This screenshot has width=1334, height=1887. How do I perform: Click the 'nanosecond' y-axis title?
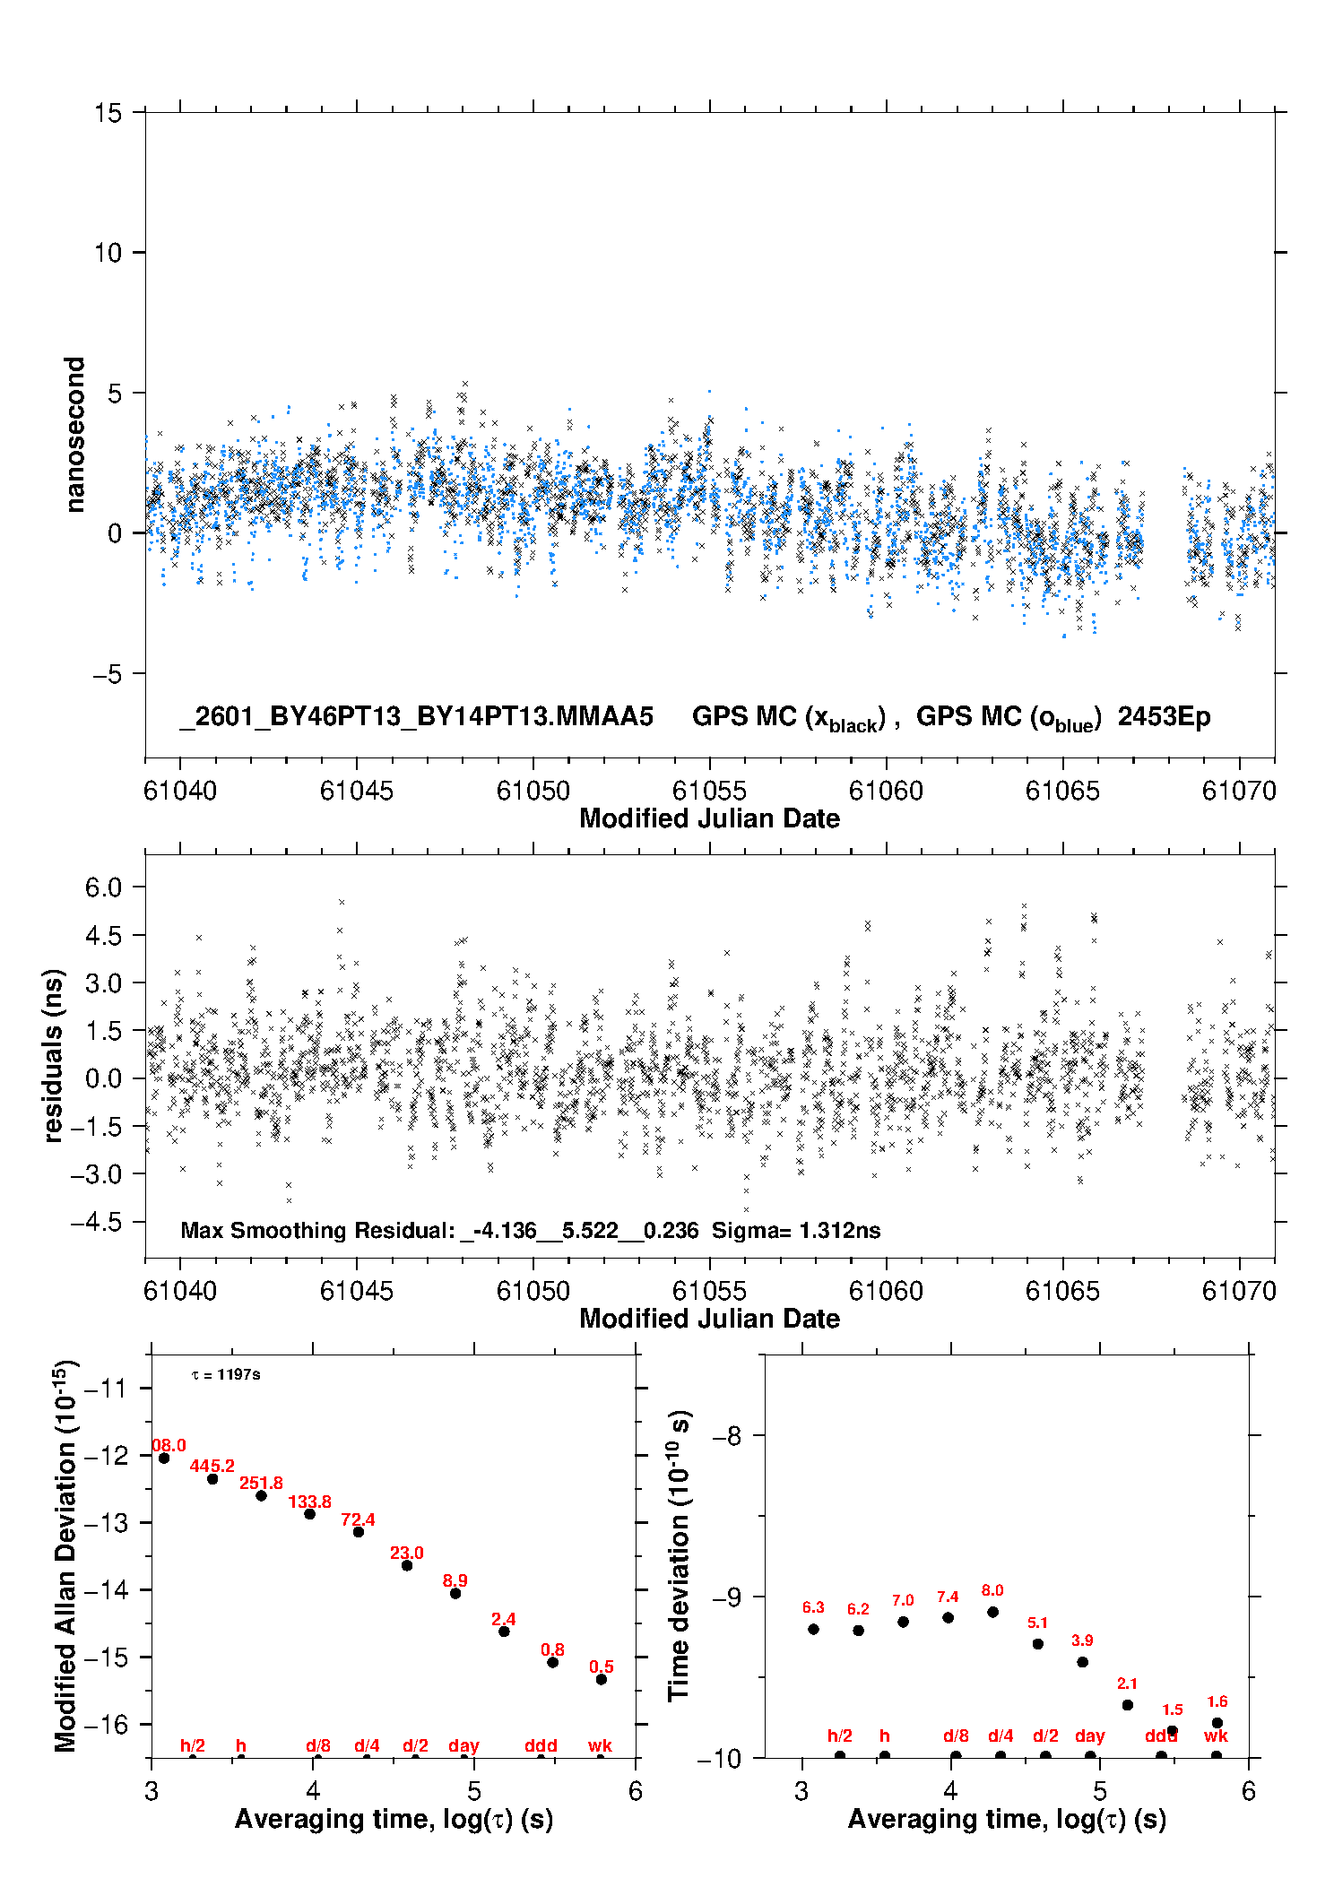[x=74, y=435]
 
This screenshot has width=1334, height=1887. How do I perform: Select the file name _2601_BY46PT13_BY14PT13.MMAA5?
[x=416, y=717]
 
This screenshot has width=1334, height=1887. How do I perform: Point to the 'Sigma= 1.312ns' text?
[x=796, y=1230]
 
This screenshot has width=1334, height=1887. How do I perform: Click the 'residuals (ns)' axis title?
[x=53, y=1055]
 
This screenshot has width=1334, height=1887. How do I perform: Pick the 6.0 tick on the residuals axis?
[x=103, y=887]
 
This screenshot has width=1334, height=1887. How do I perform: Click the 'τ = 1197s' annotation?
[x=226, y=1374]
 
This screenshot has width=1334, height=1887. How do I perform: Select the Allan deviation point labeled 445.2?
[x=212, y=1479]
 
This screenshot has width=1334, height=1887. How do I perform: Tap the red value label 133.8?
[x=309, y=1502]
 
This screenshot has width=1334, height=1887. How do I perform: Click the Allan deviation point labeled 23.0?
[x=407, y=1565]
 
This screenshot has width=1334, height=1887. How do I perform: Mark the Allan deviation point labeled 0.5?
[x=602, y=1679]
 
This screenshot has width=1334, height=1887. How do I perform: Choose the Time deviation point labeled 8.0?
[x=992, y=1612]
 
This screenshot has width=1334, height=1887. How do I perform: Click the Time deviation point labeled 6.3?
[x=813, y=1629]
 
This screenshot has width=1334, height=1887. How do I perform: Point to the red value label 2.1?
[x=1127, y=1684]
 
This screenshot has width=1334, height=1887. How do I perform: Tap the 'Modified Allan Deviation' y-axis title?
[x=65, y=1556]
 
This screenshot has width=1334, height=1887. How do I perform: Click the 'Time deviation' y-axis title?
[x=679, y=1556]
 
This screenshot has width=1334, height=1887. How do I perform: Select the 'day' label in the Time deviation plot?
[x=1090, y=1736]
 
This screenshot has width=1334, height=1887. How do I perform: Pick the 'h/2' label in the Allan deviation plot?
[x=193, y=1745]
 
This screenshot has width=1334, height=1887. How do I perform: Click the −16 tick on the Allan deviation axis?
[x=105, y=1724]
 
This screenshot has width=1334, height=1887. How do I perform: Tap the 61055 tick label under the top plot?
[x=709, y=791]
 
